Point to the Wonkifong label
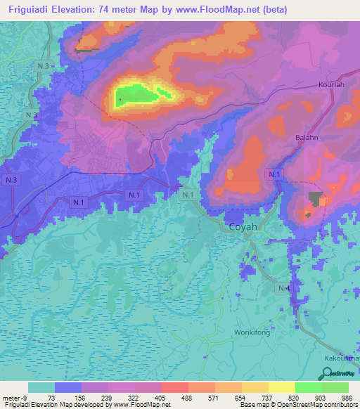pos(252,333)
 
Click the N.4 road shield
pos(283,288)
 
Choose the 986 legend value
pos(345,397)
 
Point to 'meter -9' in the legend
pos(15,397)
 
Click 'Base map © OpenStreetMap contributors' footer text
pos(296,405)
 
